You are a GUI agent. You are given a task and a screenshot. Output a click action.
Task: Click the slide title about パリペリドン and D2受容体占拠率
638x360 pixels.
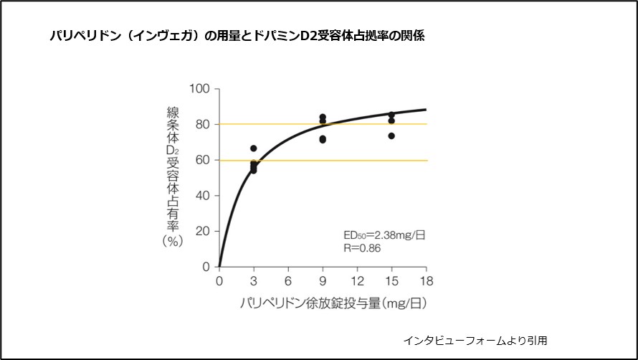[237, 35]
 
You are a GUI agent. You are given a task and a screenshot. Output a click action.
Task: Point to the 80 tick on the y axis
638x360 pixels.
[202, 125]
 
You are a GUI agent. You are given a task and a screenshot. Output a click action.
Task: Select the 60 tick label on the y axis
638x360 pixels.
[202, 160]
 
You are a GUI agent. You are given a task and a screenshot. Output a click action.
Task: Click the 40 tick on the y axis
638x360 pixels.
[202, 196]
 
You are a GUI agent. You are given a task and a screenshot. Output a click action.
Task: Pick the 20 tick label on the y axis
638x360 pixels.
[202, 231]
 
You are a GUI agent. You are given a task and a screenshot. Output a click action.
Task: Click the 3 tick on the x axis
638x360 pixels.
[253, 281]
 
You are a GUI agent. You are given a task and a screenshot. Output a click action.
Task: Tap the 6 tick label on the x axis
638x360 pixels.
[288, 281]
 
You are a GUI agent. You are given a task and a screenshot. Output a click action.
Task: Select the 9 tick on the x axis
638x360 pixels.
[323, 281]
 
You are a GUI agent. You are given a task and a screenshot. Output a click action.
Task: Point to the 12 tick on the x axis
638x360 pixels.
[357, 281]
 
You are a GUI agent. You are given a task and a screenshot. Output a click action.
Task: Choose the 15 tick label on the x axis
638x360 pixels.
[391, 281]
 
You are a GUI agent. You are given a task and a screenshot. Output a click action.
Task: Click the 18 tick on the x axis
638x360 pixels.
[426, 281]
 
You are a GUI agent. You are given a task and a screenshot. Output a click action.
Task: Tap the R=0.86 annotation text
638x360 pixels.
[362, 248]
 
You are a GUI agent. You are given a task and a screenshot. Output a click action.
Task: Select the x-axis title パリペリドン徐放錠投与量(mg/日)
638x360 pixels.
[333, 303]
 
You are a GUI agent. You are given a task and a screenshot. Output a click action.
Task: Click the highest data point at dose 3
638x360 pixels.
[253, 148]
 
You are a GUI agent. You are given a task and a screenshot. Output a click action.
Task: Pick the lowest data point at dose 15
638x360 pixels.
[391, 136]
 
